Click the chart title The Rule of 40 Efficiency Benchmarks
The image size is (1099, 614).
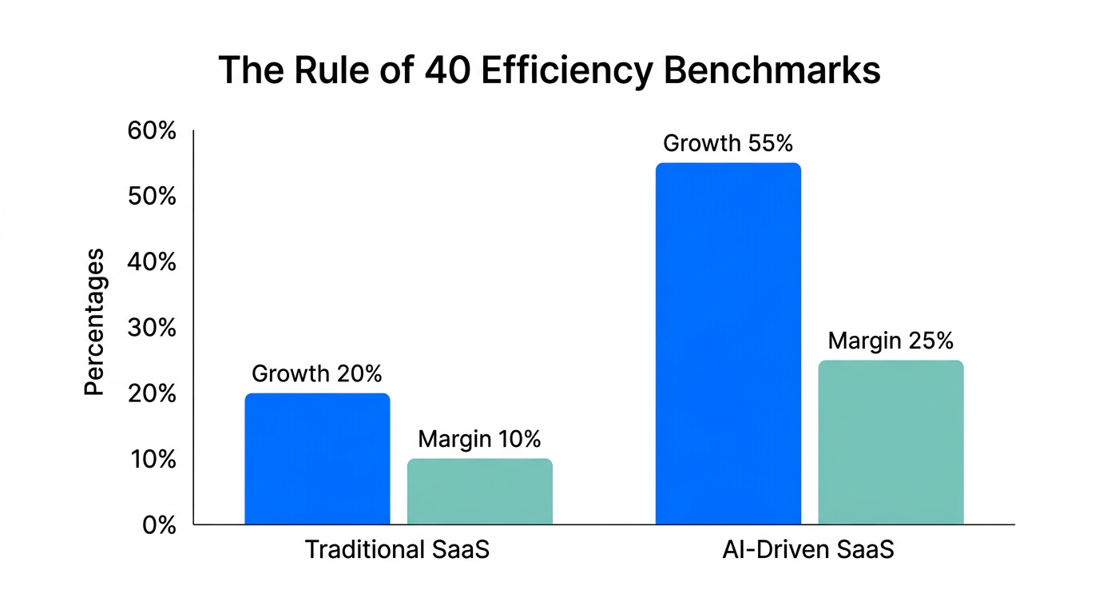pos(549,70)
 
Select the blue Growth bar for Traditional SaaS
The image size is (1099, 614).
pos(317,459)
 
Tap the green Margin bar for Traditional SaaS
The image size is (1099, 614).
pos(479,492)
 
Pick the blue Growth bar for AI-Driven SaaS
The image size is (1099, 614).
pos(728,344)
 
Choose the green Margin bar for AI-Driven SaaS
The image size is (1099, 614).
pos(891,442)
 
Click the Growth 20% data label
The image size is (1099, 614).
pos(317,373)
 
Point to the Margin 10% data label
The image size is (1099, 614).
pos(479,439)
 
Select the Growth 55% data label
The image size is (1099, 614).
pos(728,143)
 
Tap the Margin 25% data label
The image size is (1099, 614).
pos(891,341)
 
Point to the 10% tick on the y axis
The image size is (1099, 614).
pos(152,460)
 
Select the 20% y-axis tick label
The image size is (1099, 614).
pos(152,394)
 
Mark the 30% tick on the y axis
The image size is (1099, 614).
pos(152,329)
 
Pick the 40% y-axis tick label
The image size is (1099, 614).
pos(152,262)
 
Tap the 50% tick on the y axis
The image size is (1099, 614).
pos(152,197)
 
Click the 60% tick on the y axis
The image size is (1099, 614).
pos(152,131)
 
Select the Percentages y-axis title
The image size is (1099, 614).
pos(94,321)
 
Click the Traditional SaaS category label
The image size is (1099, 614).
pos(397,551)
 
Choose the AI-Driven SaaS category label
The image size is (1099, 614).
pos(808,551)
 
